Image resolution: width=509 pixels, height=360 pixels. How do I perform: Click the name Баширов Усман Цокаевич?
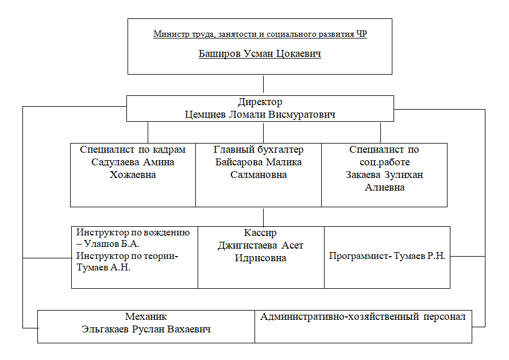(260, 53)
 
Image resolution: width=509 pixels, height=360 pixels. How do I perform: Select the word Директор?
(260, 102)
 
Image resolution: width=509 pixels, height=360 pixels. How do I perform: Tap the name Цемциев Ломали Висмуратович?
(260, 114)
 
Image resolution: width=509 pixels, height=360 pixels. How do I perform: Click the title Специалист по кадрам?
(133, 149)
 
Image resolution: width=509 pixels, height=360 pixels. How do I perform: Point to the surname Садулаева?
(115, 162)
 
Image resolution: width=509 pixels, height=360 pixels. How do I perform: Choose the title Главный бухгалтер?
(259, 149)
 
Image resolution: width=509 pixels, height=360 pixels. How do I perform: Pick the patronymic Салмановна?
(259, 175)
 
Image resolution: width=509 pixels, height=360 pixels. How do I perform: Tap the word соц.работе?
(385, 162)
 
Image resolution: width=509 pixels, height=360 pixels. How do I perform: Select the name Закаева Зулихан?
(384, 175)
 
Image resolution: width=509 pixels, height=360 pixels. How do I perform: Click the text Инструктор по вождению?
(133, 233)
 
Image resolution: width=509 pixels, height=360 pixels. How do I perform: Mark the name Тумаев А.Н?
(103, 267)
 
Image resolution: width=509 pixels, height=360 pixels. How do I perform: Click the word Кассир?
(260, 233)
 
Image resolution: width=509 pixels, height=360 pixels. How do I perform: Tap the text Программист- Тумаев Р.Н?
(387, 256)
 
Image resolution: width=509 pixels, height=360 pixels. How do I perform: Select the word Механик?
(146, 316)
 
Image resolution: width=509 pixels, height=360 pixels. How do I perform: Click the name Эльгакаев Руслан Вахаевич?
(146, 329)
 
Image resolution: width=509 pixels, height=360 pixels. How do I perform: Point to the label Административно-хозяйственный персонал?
(363, 316)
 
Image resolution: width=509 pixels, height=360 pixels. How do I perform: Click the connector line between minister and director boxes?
(263, 85)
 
